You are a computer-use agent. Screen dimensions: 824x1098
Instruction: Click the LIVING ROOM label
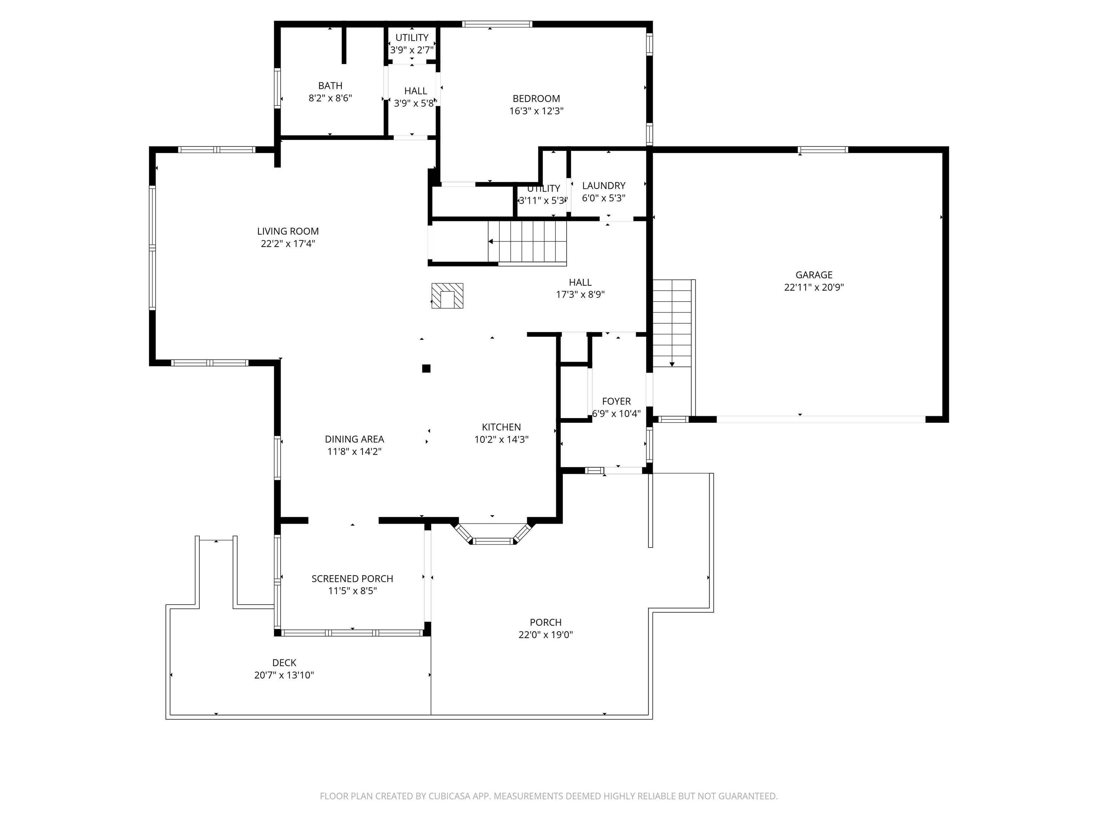[288, 231]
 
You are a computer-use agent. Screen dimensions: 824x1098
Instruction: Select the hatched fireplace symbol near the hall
[447, 296]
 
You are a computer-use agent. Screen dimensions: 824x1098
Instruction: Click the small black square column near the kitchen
[426, 368]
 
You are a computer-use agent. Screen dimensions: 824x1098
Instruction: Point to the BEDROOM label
[536, 99]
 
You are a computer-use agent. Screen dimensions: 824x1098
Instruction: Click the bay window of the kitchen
[493, 540]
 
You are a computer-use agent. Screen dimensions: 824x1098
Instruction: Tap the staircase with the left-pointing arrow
[527, 241]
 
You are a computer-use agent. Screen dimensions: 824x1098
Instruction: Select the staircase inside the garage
[672, 323]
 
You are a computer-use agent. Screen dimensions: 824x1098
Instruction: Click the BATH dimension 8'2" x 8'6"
[330, 98]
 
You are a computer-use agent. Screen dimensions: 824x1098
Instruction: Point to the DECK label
[284, 663]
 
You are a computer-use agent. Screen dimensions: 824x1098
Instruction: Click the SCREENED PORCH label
[352, 579]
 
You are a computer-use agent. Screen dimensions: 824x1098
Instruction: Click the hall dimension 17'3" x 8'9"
[580, 295]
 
